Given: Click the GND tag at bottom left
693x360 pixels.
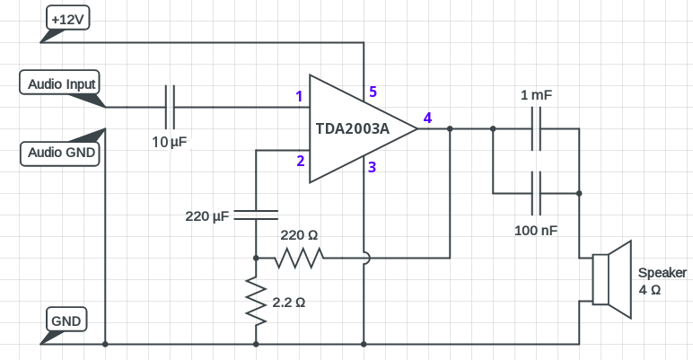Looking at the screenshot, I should (x=66, y=320).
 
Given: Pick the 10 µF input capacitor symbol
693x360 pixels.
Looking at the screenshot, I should (x=170, y=107).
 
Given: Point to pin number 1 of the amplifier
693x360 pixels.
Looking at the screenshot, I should (x=298, y=96).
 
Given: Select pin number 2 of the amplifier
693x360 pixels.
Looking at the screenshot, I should (x=300, y=162).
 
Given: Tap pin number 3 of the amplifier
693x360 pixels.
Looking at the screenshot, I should (x=372, y=167).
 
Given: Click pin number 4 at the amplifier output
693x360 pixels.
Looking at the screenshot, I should (x=427, y=118).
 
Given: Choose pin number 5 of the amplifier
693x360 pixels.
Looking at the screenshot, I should (x=373, y=92).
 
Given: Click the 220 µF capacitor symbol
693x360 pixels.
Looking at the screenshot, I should (x=256, y=214).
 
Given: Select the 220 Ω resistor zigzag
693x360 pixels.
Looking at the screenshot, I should (x=300, y=259).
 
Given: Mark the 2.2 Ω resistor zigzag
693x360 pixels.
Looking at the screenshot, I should (x=256, y=303).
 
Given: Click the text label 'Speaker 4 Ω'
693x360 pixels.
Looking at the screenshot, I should (x=662, y=282).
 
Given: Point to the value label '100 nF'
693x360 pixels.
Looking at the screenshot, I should (x=536, y=231).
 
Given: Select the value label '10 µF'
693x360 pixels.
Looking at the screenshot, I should (x=170, y=142).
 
